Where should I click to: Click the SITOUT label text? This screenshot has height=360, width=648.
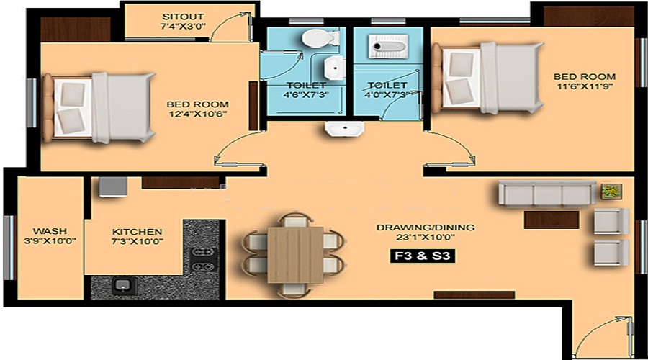(x=184, y=16)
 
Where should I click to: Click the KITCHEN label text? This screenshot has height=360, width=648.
(x=137, y=231)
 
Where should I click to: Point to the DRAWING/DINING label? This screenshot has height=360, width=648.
(x=425, y=228)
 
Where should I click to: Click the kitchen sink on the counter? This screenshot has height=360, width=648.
(x=123, y=285)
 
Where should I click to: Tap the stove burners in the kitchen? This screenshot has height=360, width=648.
(x=204, y=259)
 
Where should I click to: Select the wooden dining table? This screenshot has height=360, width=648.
(x=295, y=254)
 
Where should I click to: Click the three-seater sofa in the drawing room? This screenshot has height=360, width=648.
(x=547, y=194)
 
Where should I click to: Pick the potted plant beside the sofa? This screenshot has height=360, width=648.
(x=611, y=192)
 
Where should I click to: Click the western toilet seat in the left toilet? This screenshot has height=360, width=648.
(x=315, y=39)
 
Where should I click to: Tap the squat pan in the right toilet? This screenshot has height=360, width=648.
(x=382, y=47)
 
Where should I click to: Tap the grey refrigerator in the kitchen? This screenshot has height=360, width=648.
(x=113, y=186)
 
